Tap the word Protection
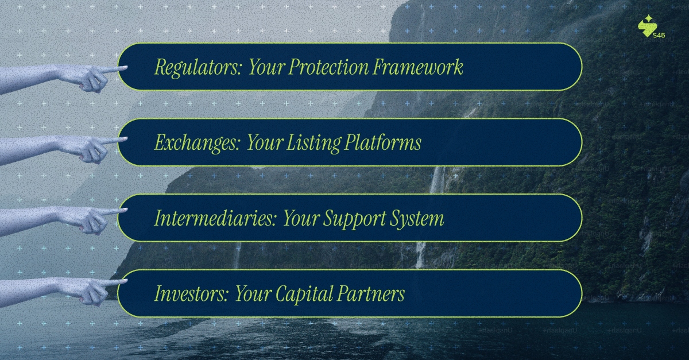[328, 68]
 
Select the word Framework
[419, 68]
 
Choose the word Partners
[371, 294]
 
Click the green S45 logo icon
[647, 25]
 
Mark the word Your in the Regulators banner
[265, 68]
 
